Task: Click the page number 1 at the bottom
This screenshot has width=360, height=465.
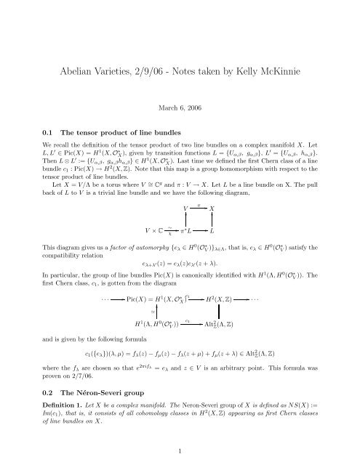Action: pos(180,450)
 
